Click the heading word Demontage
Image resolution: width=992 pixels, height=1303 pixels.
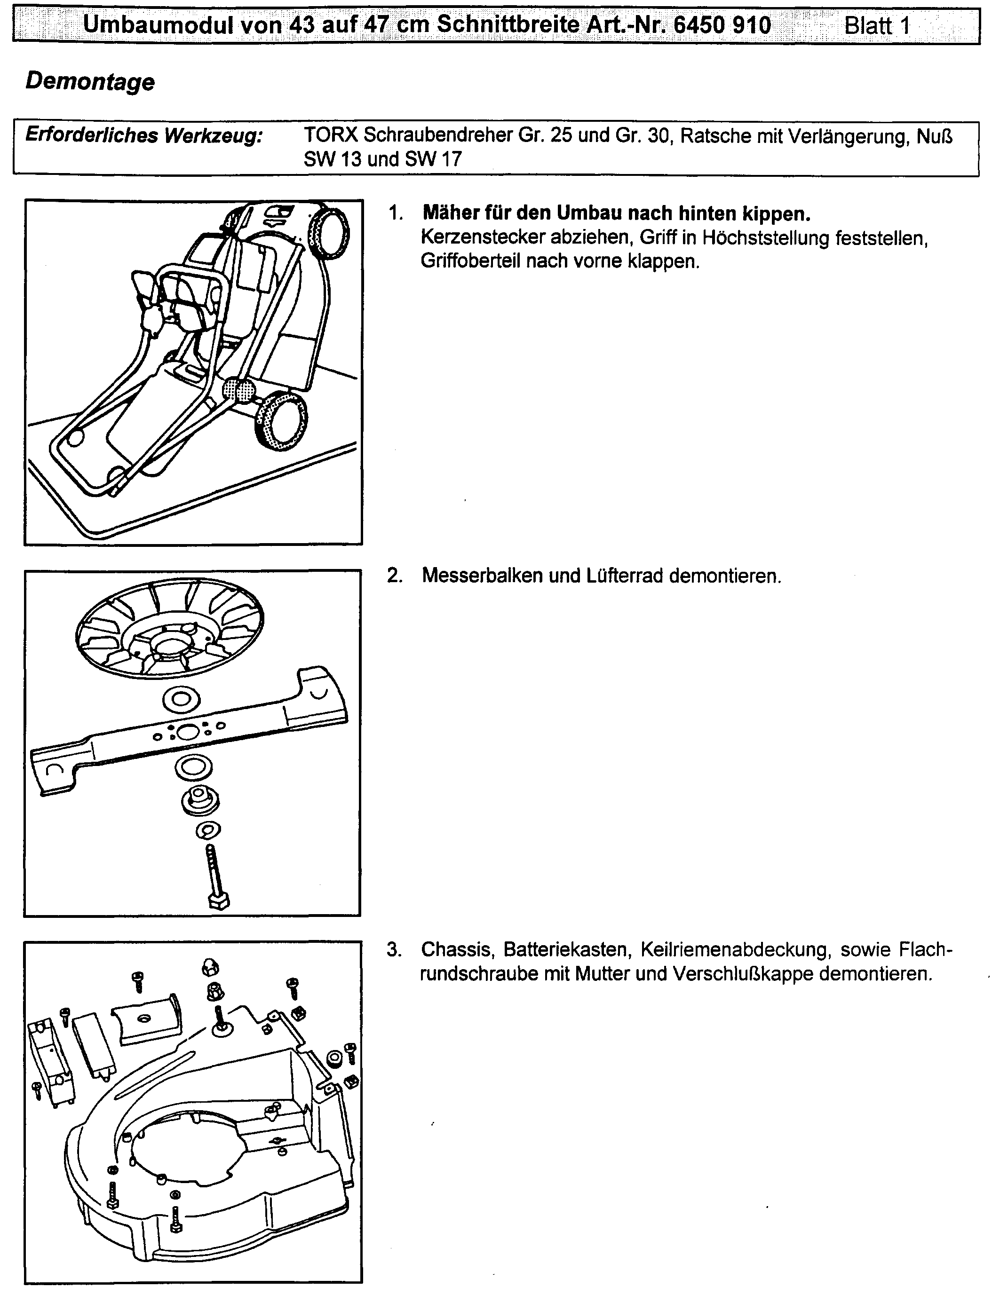click(90, 81)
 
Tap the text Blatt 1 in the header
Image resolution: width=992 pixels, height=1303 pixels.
click(877, 26)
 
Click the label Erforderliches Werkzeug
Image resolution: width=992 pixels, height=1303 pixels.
click(143, 135)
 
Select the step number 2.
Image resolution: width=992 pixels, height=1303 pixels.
click(395, 576)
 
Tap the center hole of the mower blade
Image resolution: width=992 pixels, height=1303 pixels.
click(188, 733)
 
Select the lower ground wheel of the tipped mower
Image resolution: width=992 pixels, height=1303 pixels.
click(281, 421)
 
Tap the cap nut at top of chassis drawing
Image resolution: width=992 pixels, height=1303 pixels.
click(211, 966)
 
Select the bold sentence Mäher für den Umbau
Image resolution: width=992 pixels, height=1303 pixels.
click(617, 213)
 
